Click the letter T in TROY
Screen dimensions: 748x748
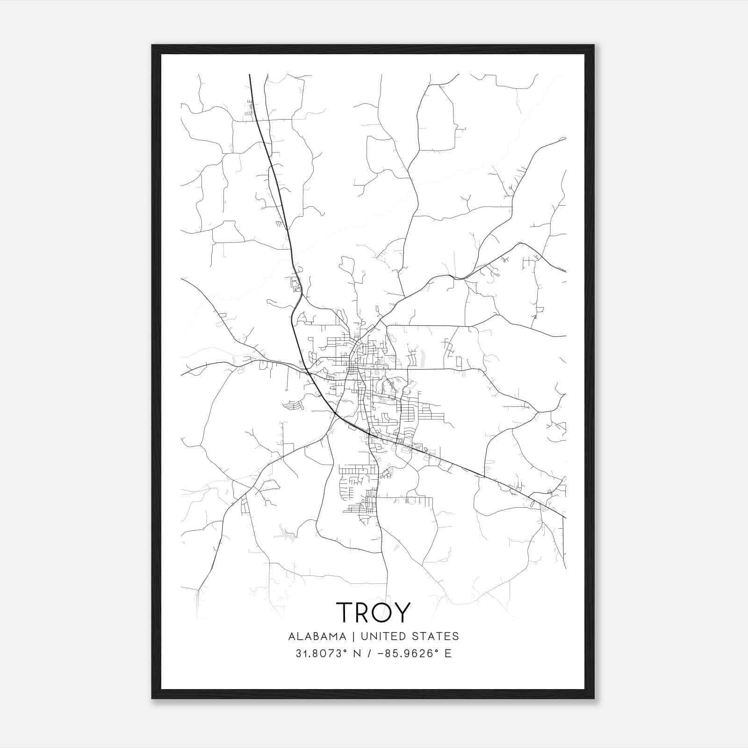pyautogui.click(x=345, y=612)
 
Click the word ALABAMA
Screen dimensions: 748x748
pyautogui.click(x=317, y=636)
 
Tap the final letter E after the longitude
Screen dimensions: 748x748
pyautogui.click(x=448, y=654)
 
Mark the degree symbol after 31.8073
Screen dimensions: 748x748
pyautogui.click(x=336, y=650)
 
